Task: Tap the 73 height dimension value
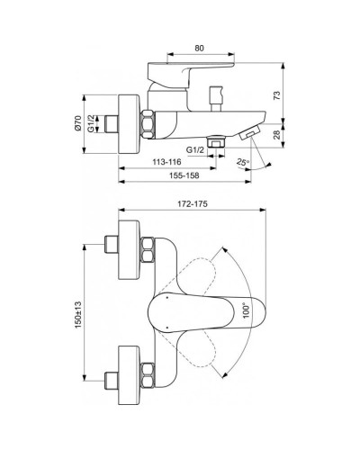(276, 94)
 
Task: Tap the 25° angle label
(242, 162)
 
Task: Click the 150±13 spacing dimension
(78, 315)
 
